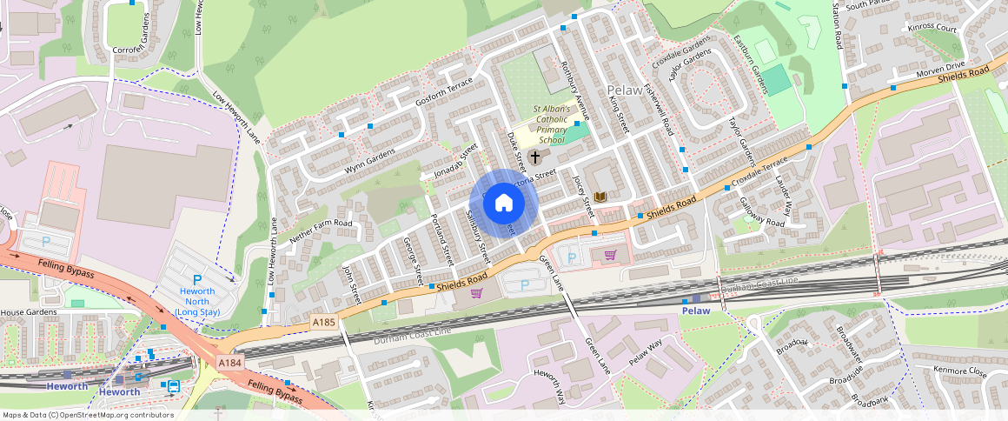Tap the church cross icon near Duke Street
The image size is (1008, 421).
(535, 157)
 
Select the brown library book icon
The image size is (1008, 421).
(600, 198)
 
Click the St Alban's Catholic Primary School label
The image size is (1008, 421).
(552, 124)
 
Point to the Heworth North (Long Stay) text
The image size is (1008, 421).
(197, 302)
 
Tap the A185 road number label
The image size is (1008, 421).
(323, 323)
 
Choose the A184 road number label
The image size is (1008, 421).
(230, 363)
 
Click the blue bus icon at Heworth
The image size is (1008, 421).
(173, 386)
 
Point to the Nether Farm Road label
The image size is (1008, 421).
(322, 230)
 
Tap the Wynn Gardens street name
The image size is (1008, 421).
(369, 160)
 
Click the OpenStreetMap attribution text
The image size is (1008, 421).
(89, 415)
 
